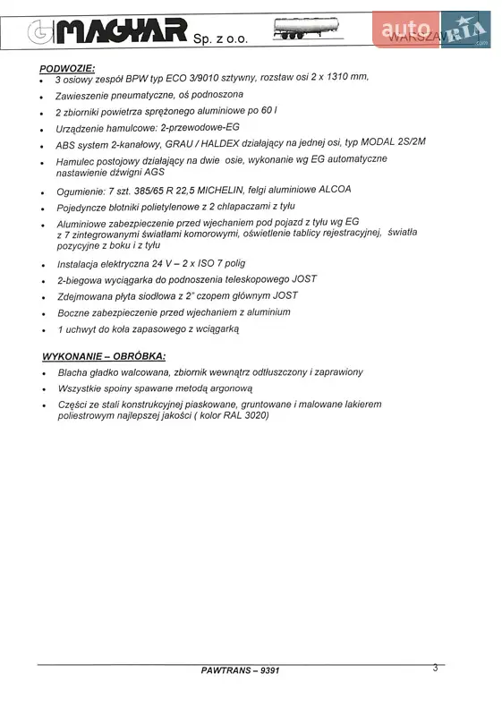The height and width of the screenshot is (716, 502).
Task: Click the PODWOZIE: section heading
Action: (68, 69)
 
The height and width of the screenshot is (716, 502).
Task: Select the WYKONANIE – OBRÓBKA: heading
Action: (104, 355)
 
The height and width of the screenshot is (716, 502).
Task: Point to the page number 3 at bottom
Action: (435, 667)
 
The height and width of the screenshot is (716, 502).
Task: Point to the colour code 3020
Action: (251, 415)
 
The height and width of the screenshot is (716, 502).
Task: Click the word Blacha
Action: (74, 372)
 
